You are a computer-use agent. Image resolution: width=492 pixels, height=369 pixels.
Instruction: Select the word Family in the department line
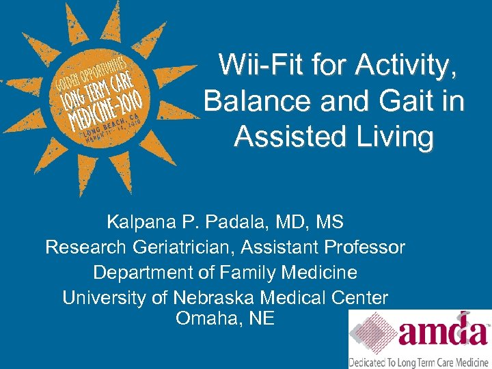pos(248,273)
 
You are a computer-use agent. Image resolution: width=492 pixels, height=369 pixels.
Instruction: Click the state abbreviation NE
pos(261,318)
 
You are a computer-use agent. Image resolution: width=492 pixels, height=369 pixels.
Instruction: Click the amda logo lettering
pos(443,333)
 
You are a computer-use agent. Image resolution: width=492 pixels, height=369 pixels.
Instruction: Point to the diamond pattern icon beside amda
pos(372,333)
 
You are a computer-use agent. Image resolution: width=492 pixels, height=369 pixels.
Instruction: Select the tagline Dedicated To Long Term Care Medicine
pos(420,361)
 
